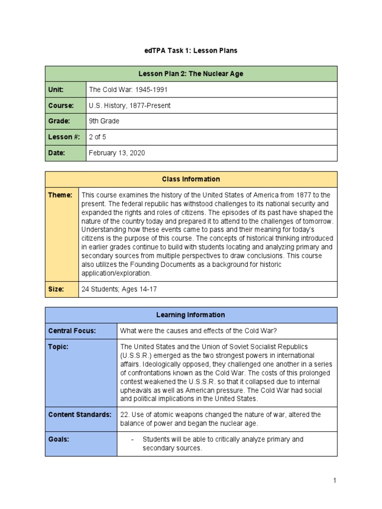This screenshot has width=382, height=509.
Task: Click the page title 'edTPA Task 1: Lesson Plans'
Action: coord(191,51)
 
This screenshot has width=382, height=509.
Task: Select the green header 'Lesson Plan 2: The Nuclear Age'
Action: coord(191,74)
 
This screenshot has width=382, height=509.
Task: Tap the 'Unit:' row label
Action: coord(56,89)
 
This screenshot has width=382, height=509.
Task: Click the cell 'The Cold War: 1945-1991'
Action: coord(126,89)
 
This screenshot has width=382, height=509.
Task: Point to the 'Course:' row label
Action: coord(61,105)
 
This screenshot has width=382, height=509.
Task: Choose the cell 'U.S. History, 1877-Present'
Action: coord(129,105)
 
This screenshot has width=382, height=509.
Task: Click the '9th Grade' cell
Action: coord(104,121)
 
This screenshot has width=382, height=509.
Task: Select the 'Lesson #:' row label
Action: coord(63,137)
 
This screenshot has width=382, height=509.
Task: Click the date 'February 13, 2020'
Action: coord(117,153)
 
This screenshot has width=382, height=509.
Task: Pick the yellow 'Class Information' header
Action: coord(191,179)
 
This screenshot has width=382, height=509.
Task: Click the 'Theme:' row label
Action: coord(60,195)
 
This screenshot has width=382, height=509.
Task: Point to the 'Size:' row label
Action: coord(56,289)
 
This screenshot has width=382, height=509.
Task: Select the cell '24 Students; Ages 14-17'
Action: coord(119,289)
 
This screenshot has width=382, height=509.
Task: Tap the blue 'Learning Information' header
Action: coord(191,315)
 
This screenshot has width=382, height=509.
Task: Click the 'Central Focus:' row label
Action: coord(72,331)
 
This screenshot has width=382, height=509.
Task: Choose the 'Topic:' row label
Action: coord(58,347)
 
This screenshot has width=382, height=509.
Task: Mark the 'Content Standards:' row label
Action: coord(80,415)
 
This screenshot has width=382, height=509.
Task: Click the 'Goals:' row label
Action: coord(58,439)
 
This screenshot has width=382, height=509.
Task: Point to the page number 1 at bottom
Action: coord(335,480)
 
